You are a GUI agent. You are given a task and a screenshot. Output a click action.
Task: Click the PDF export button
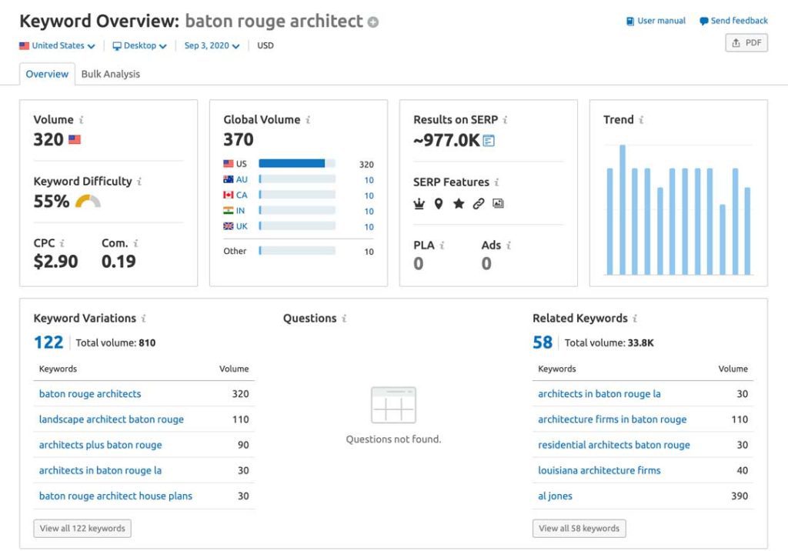746,43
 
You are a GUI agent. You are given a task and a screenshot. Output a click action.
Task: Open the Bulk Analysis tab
111,74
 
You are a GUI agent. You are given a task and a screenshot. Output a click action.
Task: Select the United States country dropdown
57,46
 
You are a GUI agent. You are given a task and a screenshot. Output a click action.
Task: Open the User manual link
656,21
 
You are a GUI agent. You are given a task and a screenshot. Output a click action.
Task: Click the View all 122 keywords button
82,529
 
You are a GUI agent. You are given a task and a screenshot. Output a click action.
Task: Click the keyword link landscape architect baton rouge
112,419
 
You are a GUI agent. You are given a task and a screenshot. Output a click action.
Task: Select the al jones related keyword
555,496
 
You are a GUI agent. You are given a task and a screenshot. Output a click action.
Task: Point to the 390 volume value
739,496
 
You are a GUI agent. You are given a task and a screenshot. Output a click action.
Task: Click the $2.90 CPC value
55,262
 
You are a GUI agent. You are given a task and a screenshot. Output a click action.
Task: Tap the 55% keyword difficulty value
52,202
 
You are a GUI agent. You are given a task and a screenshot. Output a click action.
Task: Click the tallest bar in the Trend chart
623,209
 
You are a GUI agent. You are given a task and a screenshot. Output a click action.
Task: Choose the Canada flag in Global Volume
229,195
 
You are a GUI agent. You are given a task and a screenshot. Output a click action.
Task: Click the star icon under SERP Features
459,204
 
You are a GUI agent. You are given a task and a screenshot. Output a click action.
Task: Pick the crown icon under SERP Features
419,204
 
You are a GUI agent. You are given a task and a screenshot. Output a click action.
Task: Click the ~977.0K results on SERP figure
446,140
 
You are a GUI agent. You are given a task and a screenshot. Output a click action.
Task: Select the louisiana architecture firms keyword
599,470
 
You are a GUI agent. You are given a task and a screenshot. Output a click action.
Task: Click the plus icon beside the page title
373,22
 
